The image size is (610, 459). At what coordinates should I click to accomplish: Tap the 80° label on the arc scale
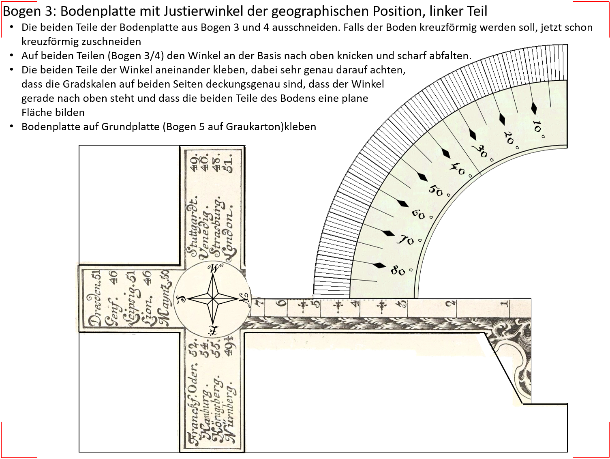click(399, 271)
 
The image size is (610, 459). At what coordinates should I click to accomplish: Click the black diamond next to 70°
click(389, 234)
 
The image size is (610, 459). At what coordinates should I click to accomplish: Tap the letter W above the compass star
click(214, 268)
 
